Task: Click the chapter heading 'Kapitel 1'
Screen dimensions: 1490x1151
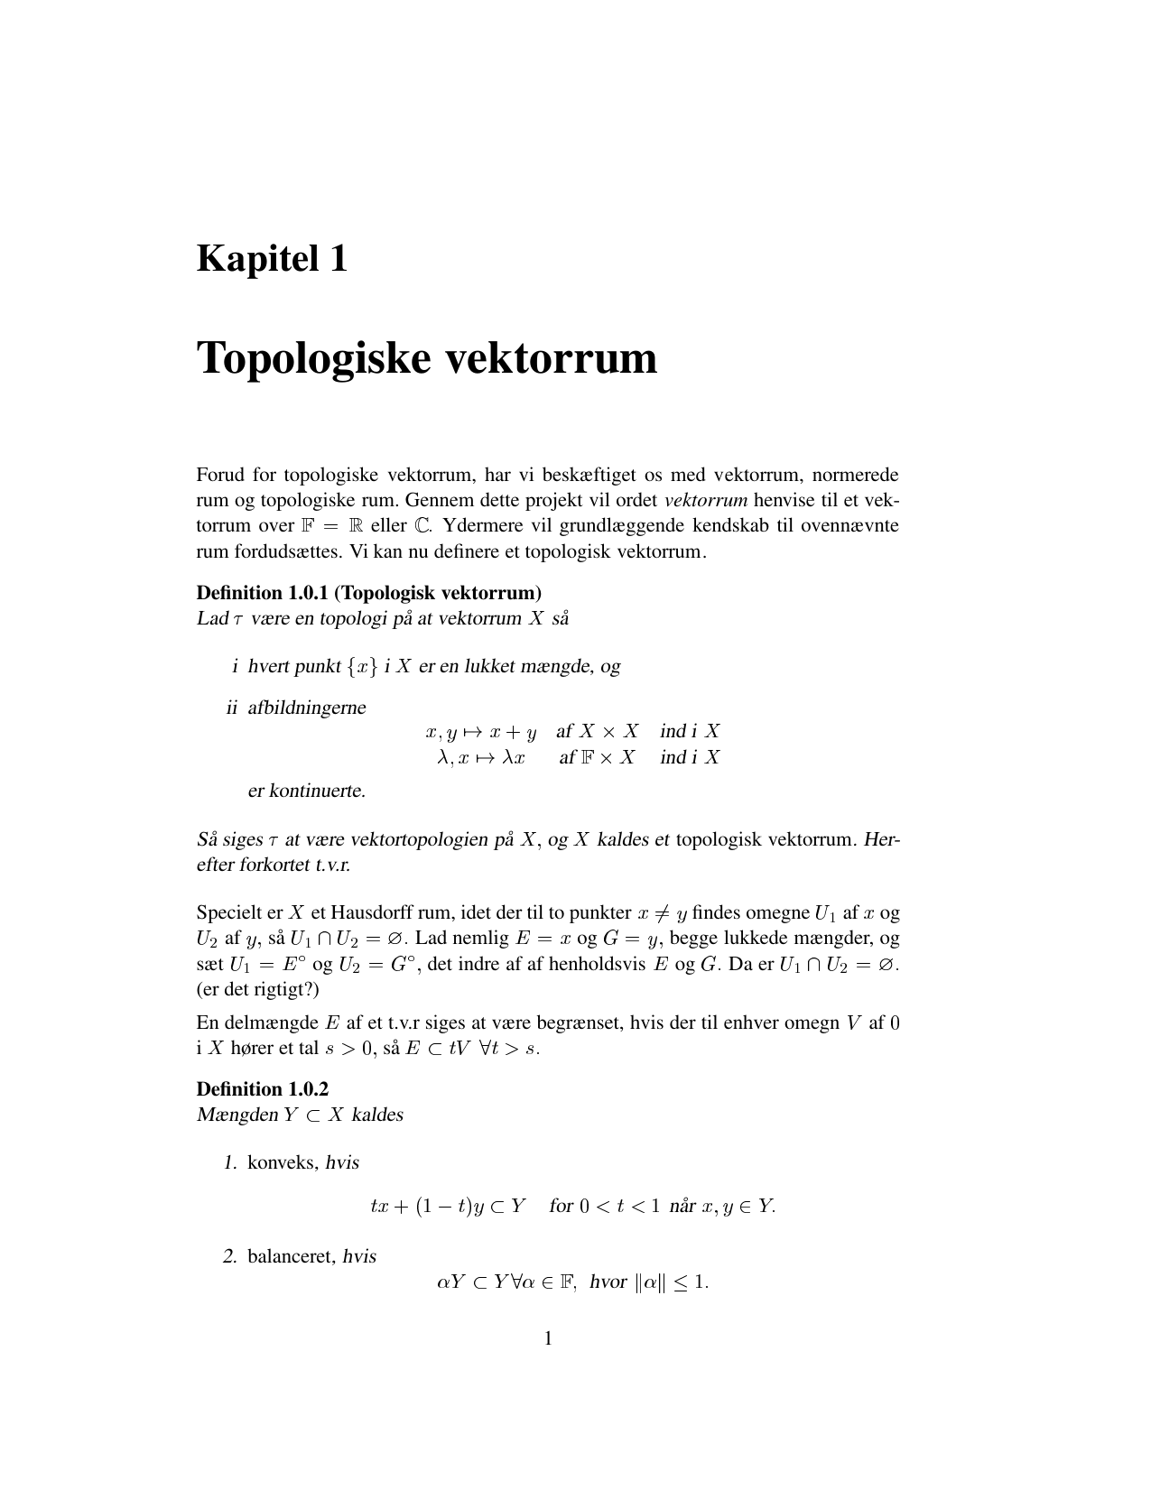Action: (x=272, y=259)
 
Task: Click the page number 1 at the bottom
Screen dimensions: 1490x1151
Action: (x=548, y=1337)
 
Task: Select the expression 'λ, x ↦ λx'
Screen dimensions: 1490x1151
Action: (x=481, y=757)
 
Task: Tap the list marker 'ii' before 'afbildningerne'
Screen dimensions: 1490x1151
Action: (x=232, y=708)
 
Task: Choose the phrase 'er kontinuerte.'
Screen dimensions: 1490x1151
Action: (x=307, y=791)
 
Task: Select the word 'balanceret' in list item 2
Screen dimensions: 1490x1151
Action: (x=292, y=1256)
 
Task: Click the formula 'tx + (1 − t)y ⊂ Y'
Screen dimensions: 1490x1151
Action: (x=448, y=1207)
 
